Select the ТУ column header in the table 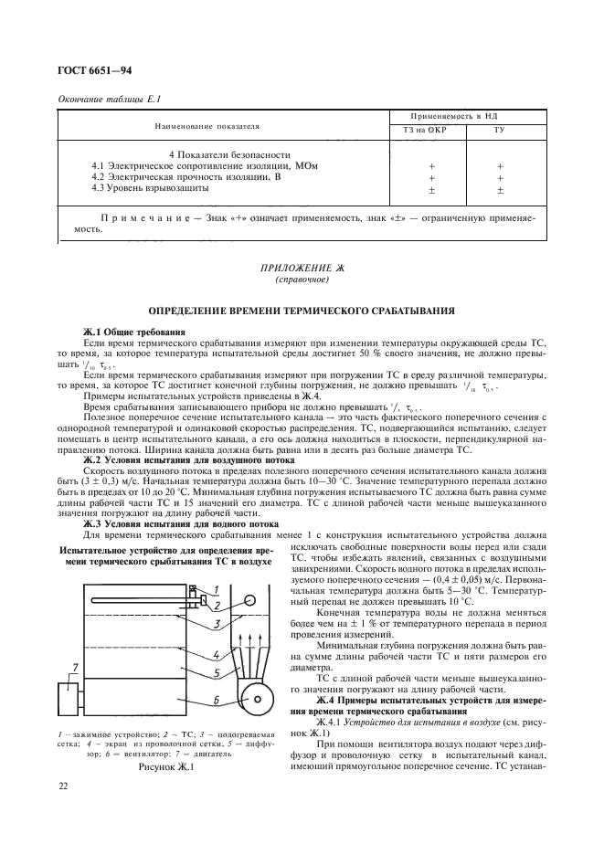click(500, 131)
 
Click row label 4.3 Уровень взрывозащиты click(151, 188)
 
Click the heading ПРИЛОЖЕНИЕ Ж click(301, 268)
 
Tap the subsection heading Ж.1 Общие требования click(134, 331)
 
